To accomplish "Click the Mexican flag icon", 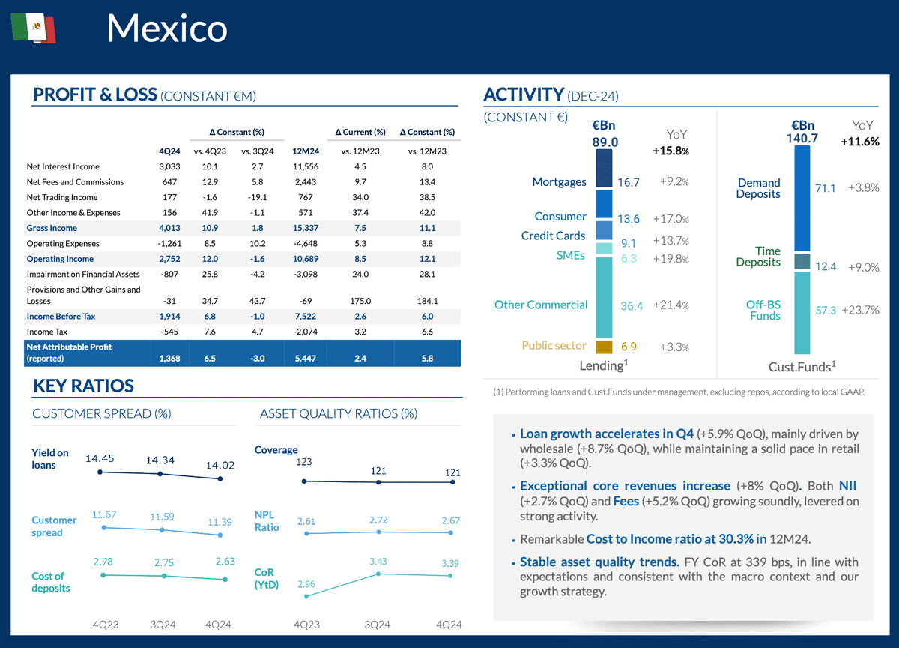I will pyautogui.click(x=34, y=28).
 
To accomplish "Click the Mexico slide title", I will pyautogui.click(x=166, y=28).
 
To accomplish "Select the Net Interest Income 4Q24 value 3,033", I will pyautogui.click(x=171, y=167).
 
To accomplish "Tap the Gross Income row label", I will pyautogui.click(x=52, y=228).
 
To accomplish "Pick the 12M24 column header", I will pyautogui.click(x=303, y=151).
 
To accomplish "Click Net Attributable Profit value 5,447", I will pyautogui.click(x=303, y=359).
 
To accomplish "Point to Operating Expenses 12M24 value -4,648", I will pyautogui.click(x=303, y=244).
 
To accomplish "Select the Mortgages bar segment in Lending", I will pyautogui.click(x=604, y=169).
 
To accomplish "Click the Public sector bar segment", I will pyautogui.click(x=604, y=346).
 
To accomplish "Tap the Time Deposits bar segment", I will pyautogui.click(x=802, y=261).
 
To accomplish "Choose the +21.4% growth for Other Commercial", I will pyautogui.click(x=671, y=305).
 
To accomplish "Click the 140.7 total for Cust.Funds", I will pyautogui.click(x=802, y=139).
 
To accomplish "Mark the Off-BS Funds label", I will pyautogui.click(x=763, y=310).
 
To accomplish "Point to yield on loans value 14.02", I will pyautogui.click(x=220, y=466).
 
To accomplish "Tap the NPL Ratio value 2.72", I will pyautogui.click(x=378, y=520).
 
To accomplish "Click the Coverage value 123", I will pyautogui.click(x=304, y=462).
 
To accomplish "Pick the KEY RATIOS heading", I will pyautogui.click(x=83, y=386).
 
